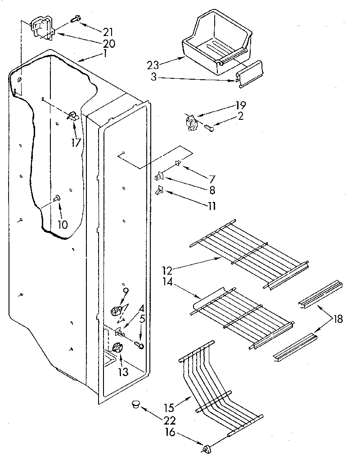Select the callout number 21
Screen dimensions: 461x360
(x=108, y=32)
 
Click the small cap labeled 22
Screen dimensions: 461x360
(x=135, y=404)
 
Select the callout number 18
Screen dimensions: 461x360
(x=337, y=319)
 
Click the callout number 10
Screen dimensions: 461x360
(x=63, y=224)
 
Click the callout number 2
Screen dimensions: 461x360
(x=241, y=116)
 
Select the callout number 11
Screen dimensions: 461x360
(x=211, y=206)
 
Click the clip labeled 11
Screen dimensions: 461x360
(x=159, y=191)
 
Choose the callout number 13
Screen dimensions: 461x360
(x=123, y=372)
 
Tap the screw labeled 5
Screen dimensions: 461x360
(x=139, y=345)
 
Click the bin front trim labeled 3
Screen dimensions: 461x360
(x=249, y=72)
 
